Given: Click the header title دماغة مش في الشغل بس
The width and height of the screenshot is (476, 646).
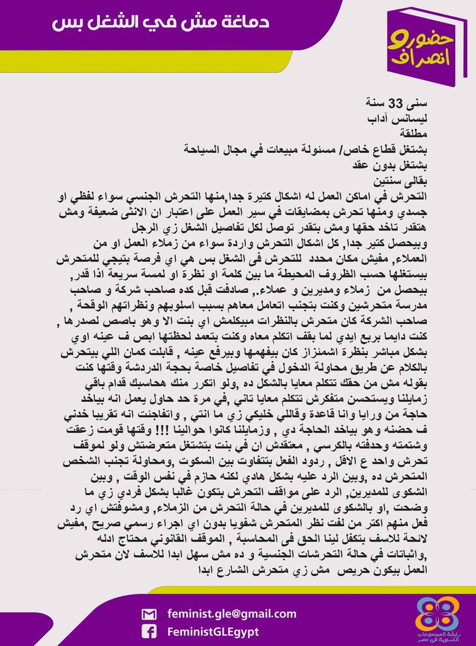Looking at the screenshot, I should tap(160, 23).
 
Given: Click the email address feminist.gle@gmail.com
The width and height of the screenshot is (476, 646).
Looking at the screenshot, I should tap(232, 613).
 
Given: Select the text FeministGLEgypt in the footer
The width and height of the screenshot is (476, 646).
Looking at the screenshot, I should tap(213, 631).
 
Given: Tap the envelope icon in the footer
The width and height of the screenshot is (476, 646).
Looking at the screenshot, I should tap(149, 614).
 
